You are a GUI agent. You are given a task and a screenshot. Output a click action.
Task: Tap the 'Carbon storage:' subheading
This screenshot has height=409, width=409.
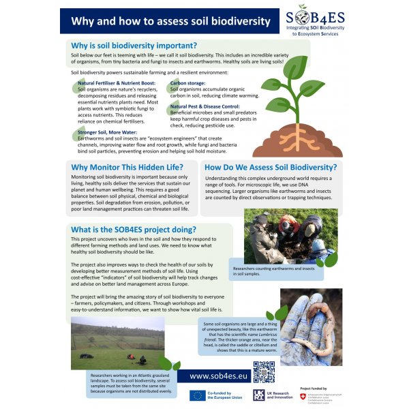tap(188, 82)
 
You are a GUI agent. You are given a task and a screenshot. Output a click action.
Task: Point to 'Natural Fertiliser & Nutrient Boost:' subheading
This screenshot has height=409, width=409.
tap(117, 82)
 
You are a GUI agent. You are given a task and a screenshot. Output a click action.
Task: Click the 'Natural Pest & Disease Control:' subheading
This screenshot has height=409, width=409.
tap(204, 107)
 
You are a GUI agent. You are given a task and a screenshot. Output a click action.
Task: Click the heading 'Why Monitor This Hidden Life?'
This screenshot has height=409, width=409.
tap(127, 166)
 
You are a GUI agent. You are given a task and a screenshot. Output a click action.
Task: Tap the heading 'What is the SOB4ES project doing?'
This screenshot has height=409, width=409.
tap(134, 230)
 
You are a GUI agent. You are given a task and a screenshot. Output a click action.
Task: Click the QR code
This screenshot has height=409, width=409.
tap(264, 373)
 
